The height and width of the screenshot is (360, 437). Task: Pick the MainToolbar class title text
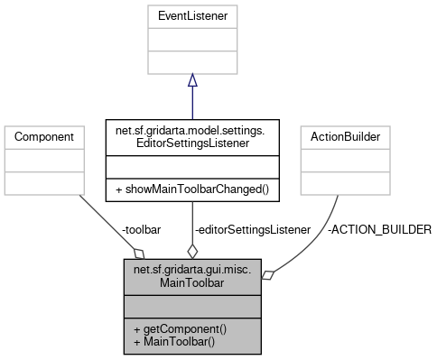[x=191, y=276]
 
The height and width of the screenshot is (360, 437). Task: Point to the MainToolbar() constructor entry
[x=174, y=342]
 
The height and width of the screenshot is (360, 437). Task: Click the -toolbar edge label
[x=141, y=230]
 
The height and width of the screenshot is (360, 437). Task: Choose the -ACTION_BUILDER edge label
[x=379, y=230]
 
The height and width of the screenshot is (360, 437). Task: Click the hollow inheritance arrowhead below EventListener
[x=191, y=80]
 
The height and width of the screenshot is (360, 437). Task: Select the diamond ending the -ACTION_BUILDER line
[x=268, y=276]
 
